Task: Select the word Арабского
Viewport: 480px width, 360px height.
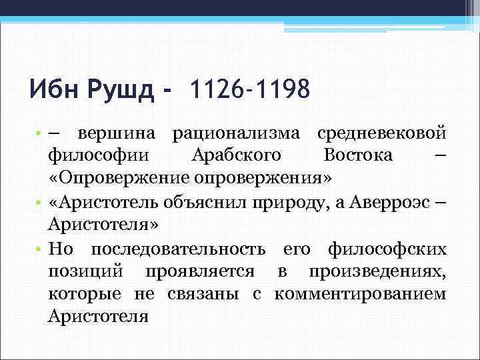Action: coord(236,157)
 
